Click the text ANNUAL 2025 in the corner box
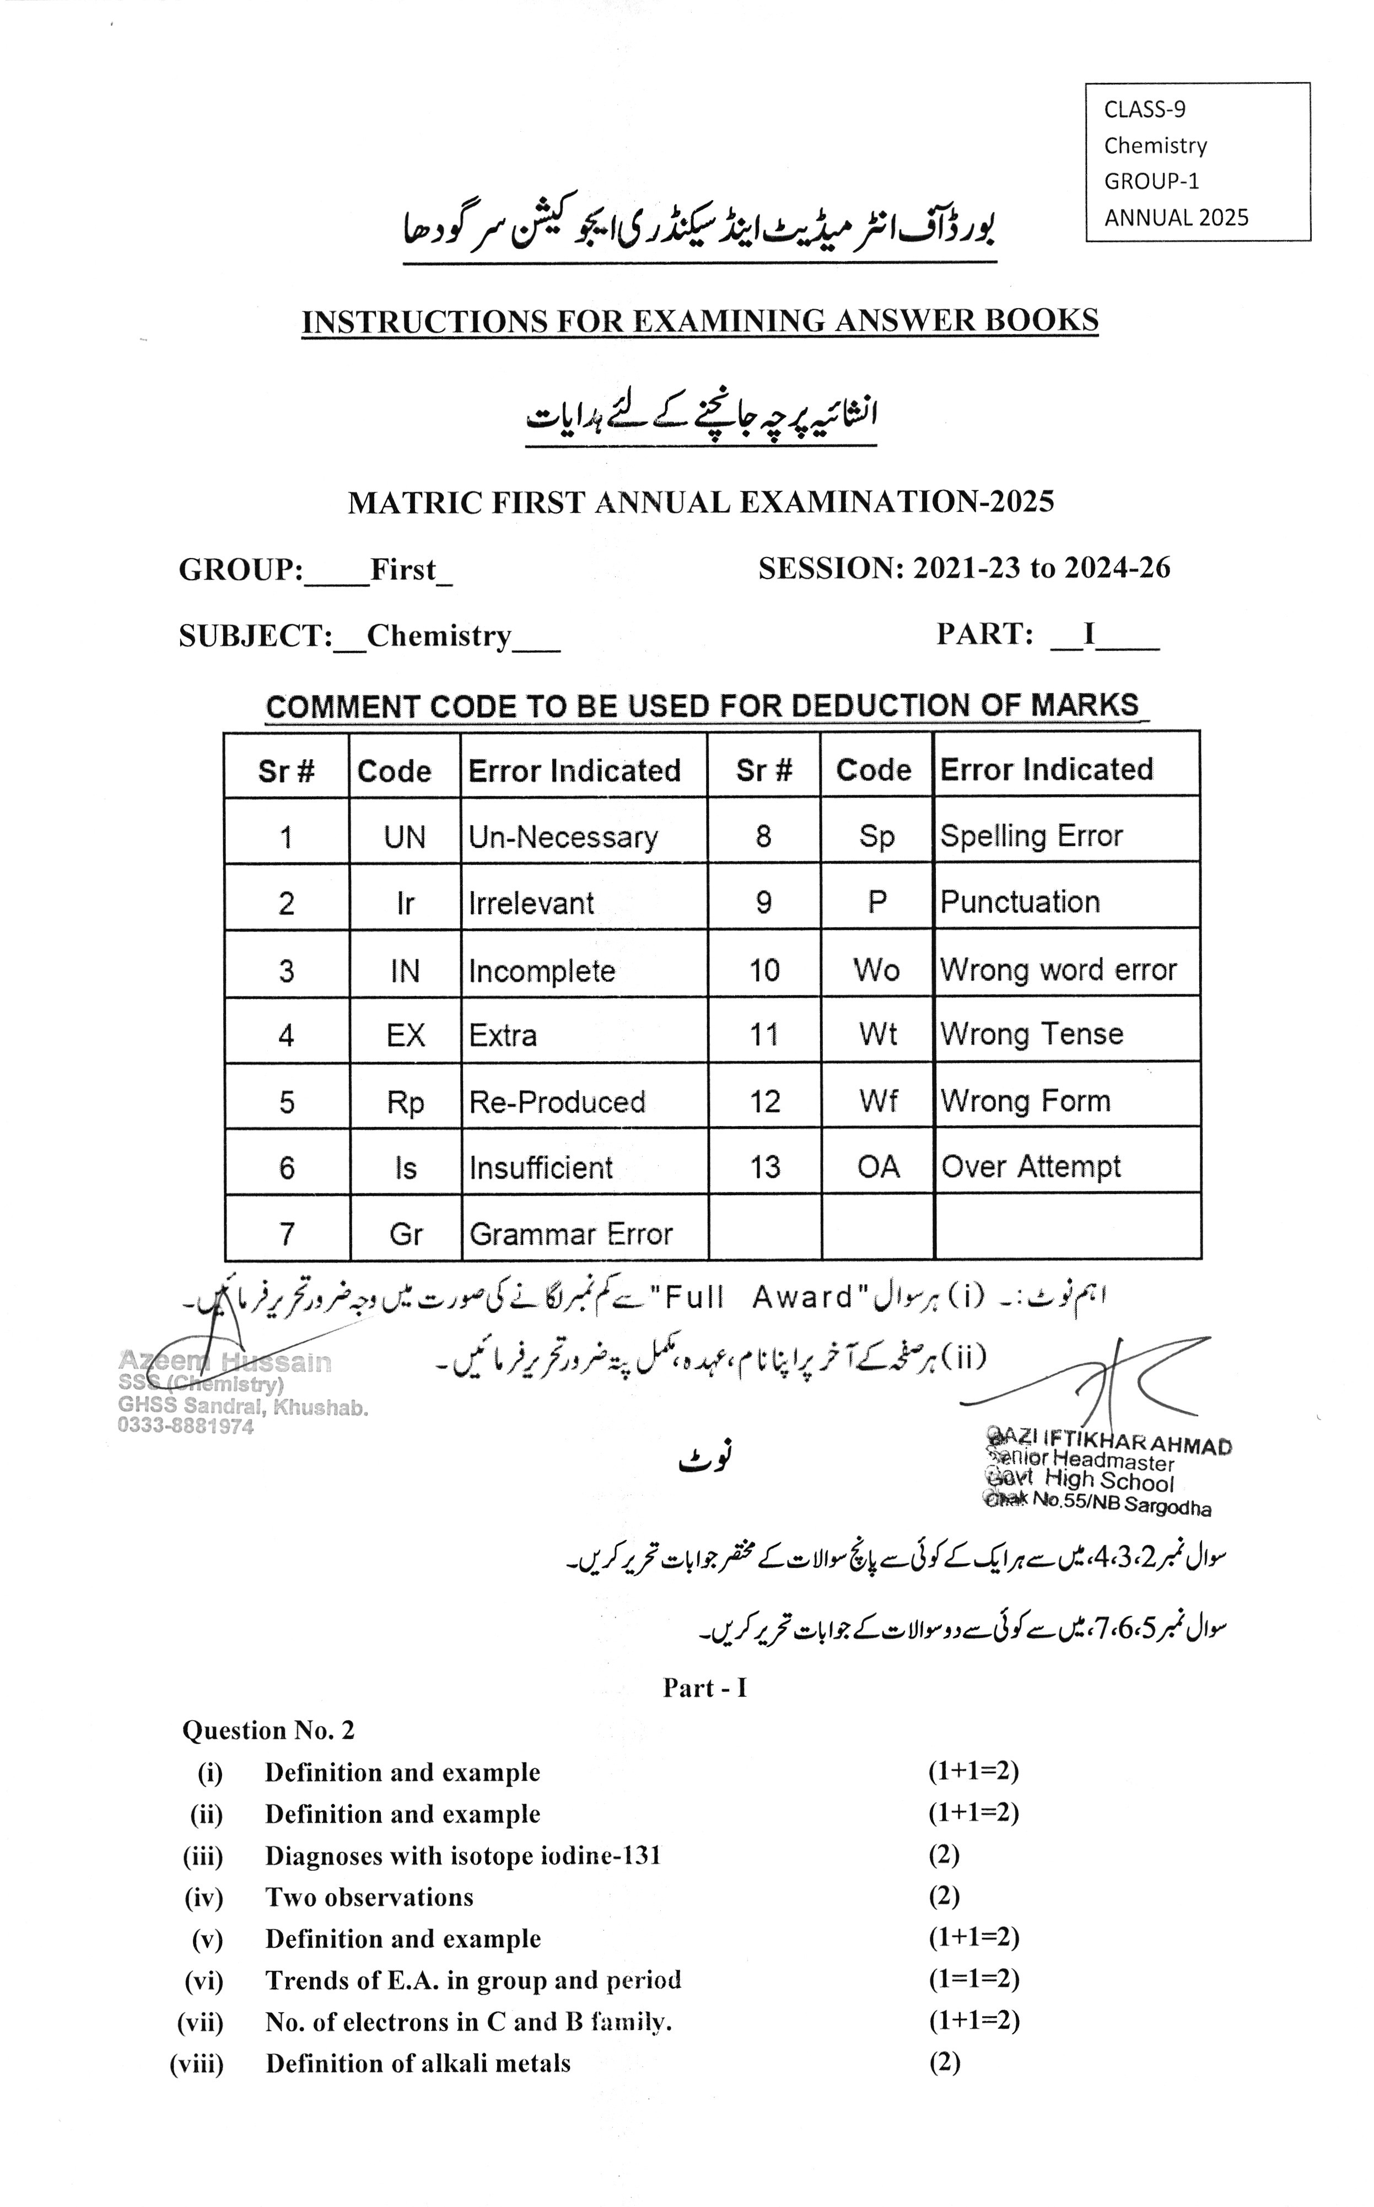click(1176, 218)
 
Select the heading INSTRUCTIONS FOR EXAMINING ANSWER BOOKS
click(700, 321)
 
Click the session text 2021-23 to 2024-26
click(1042, 568)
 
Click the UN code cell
click(405, 836)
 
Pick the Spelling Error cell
click(1031, 835)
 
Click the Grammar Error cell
click(570, 1234)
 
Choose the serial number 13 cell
click(764, 1166)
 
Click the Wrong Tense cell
click(1031, 1033)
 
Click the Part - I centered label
click(704, 1688)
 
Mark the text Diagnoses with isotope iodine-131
click(462, 1855)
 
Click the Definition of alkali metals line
click(418, 2064)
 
